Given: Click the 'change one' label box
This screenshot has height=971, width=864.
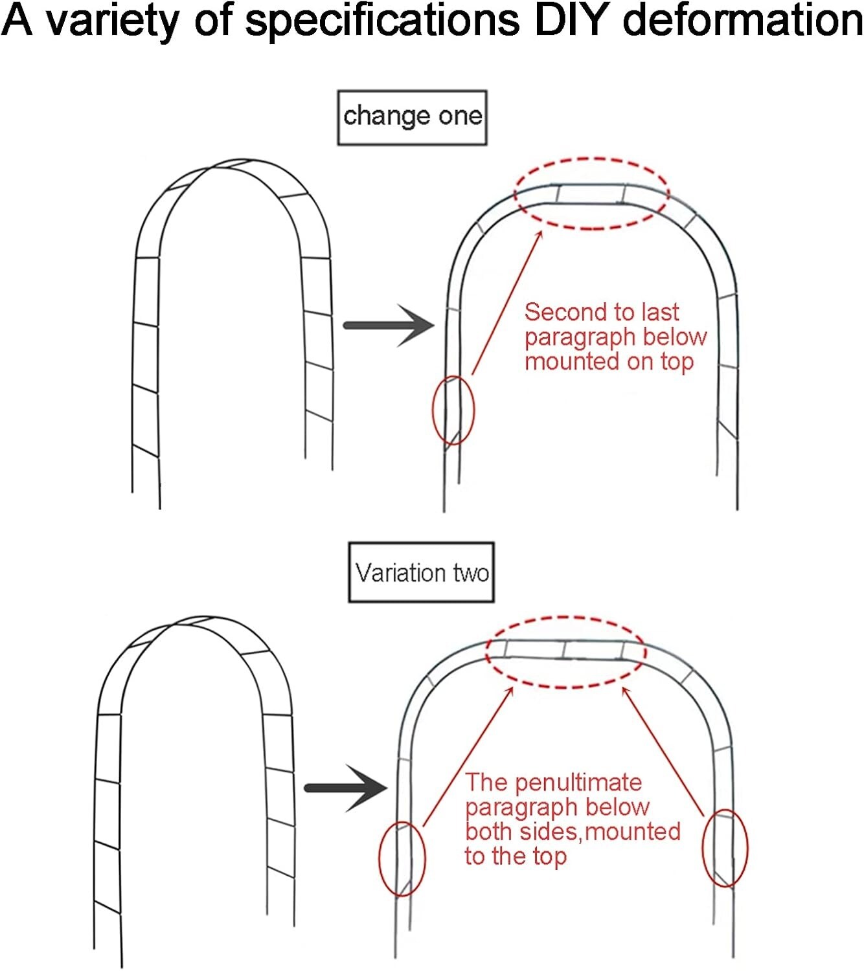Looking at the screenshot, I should tap(412, 117).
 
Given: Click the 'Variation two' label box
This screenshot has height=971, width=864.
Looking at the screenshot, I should tap(421, 573).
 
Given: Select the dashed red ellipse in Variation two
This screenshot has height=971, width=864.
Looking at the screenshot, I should tap(565, 651).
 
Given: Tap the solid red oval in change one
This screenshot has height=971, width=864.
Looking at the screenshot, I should tap(453, 410).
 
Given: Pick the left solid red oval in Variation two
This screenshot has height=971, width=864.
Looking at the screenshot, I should tap(402, 858).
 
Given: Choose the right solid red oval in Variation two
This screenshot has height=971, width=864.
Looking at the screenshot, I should tap(725, 847).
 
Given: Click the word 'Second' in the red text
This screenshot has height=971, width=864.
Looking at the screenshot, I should tap(558, 312).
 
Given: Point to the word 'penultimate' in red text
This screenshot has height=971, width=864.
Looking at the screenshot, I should tap(578, 783).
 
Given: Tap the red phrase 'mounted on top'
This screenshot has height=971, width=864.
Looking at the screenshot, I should tap(609, 361).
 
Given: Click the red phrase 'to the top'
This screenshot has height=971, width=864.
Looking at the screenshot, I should tap(516, 856).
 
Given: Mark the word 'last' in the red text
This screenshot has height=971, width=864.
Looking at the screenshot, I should tap(660, 312).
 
